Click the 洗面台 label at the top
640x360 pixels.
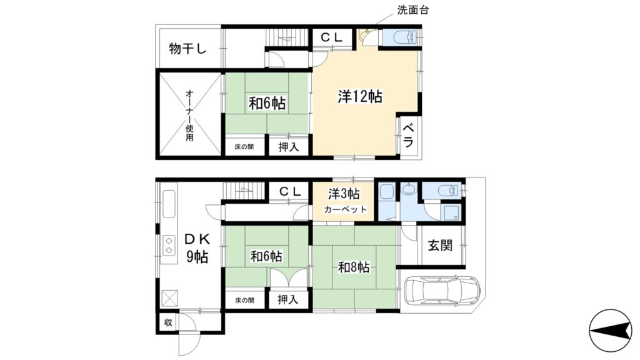413,10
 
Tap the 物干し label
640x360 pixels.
187,49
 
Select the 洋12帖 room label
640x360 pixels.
360,97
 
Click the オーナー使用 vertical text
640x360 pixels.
189,116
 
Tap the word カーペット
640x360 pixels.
345,209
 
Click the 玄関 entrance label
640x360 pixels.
440,246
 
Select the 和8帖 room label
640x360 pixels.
354,267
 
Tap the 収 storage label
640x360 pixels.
168,322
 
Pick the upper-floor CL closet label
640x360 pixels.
332,37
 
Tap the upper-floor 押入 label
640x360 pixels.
289,147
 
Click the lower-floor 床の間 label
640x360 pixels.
244,300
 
